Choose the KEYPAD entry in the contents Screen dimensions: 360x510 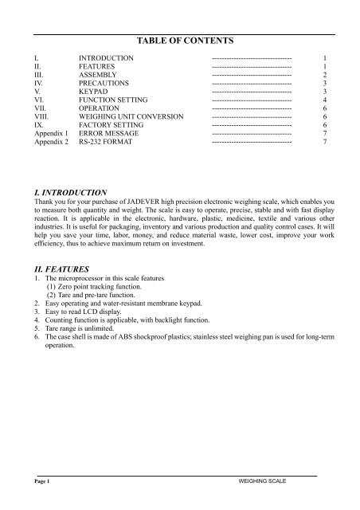coord(93,91)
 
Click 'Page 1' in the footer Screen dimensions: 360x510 coord(33,483)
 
